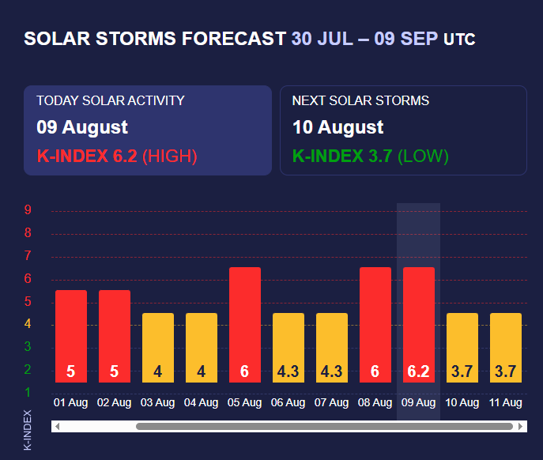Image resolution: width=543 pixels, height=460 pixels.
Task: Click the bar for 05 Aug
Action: [x=245, y=324]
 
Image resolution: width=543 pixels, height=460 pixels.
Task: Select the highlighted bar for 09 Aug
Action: [x=419, y=324]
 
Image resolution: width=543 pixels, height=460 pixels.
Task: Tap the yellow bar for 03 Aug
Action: [x=158, y=348]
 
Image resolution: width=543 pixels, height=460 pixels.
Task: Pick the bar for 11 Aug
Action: [x=506, y=348]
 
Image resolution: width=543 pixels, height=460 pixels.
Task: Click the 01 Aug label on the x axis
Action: [x=70, y=403]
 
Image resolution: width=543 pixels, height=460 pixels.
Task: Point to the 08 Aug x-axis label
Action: [x=375, y=403]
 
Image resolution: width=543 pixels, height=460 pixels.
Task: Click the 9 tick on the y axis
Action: [x=28, y=210]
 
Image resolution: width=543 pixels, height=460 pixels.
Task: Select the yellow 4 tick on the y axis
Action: [x=28, y=324]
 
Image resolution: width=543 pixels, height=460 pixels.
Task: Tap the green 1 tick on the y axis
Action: [x=28, y=392]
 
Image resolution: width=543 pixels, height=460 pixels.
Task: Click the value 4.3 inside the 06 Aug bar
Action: [x=288, y=371]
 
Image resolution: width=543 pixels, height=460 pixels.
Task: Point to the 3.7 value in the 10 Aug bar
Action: [x=462, y=371]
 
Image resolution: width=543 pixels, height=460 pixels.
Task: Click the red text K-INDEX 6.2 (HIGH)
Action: [x=117, y=156]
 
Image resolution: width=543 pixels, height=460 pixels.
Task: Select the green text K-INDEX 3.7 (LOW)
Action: [x=370, y=156]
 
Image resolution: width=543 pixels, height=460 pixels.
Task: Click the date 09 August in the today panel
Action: [x=82, y=127]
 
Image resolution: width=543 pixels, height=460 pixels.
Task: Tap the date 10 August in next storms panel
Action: [x=338, y=127]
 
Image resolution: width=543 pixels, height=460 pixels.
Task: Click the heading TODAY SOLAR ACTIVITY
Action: [x=111, y=100]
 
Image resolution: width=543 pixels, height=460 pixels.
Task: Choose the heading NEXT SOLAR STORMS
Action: [x=360, y=100]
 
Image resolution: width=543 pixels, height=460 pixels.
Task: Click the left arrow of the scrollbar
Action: [x=58, y=427]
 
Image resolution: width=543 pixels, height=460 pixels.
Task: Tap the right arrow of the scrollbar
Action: [x=521, y=427]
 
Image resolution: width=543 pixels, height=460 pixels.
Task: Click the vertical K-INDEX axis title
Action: [x=28, y=430]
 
